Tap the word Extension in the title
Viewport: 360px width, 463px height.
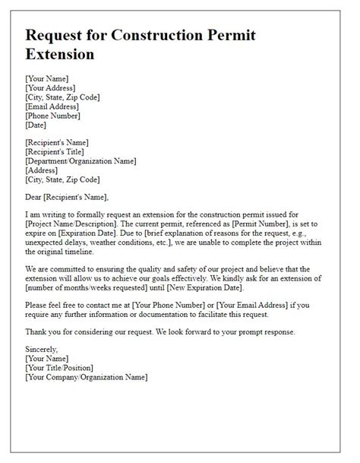[x=60, y=55]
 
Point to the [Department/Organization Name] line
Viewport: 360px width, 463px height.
[x=81, y=160]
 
